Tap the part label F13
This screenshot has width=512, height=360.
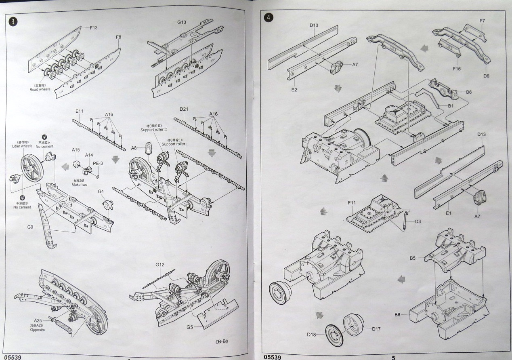pos(93,27)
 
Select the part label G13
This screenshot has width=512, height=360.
pos(181,22)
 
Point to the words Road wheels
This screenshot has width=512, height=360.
pos(40,89)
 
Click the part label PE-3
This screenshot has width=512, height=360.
pos(98,163)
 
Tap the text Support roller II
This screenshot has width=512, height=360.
pos(153,130)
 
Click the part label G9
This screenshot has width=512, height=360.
pos(30,227)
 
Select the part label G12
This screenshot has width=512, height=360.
pos(160,265)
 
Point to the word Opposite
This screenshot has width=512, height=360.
pos(37,330)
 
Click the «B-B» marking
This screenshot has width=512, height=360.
pos(222,341)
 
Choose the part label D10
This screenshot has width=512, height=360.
pos(314,25)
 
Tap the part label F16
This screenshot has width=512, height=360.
pos(456,69)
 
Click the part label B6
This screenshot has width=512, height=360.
pos(469,92)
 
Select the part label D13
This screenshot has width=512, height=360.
pos(481,134)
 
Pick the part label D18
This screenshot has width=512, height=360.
pos(311,334)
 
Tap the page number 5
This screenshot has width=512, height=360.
pos(393,357)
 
